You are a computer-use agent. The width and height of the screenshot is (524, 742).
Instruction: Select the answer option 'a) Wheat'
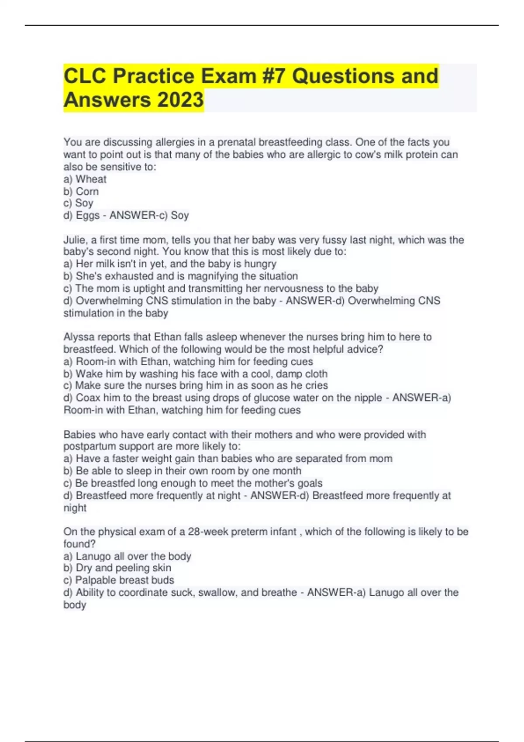[85, 179]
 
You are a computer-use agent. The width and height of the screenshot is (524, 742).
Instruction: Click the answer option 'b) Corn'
[81, 191]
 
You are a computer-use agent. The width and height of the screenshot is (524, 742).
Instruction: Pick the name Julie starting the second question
[75, 240]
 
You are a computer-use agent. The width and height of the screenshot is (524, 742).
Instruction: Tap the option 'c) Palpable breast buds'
[119, 580]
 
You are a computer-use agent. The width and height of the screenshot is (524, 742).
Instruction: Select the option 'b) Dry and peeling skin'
[117, 568]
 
